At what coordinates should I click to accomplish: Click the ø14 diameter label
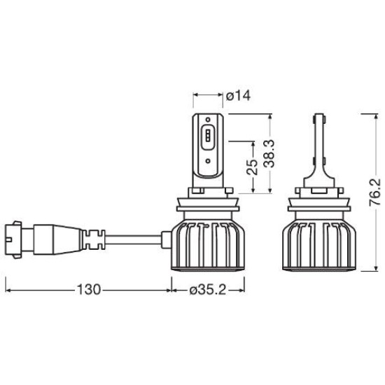239,96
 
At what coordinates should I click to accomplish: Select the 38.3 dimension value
269,154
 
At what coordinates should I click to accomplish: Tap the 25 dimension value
253,167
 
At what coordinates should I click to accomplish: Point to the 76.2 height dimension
375,192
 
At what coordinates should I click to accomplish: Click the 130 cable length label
89,290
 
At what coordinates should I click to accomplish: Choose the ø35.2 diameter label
207,290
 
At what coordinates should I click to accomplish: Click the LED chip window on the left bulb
208,137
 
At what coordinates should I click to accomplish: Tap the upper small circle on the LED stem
208,120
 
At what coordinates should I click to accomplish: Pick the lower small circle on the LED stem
208,161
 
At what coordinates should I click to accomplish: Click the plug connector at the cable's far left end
14,239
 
